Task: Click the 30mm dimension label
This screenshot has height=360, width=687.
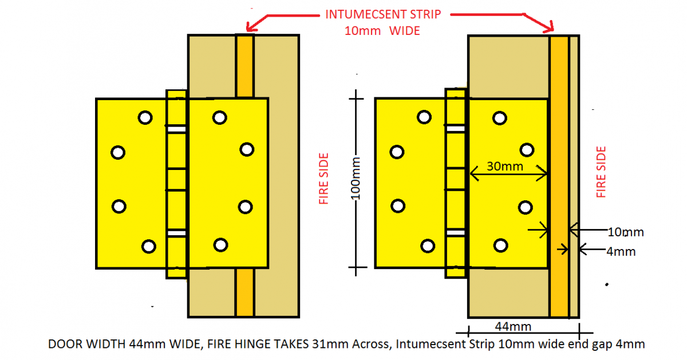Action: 505,167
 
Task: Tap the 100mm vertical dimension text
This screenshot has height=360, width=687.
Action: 356,179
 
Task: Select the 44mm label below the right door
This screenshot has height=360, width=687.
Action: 513,327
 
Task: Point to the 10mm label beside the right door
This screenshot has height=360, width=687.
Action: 626,232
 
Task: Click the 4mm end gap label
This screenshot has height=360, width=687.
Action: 621,252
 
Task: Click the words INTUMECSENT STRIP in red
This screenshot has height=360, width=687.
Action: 383,14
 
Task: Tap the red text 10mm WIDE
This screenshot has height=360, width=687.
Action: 382,31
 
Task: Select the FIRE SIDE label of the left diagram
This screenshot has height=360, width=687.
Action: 324,179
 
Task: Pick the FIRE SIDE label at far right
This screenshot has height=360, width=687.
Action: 601,172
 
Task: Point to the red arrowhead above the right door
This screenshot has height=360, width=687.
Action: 549,27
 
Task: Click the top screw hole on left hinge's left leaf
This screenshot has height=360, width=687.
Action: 145,118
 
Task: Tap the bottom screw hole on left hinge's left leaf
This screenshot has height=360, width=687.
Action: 149,247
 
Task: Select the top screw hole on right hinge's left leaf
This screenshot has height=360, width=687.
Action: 424,117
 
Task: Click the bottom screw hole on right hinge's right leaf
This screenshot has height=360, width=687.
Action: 500,246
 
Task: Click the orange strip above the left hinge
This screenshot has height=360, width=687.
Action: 245,66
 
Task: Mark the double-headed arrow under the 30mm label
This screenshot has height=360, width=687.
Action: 508,173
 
